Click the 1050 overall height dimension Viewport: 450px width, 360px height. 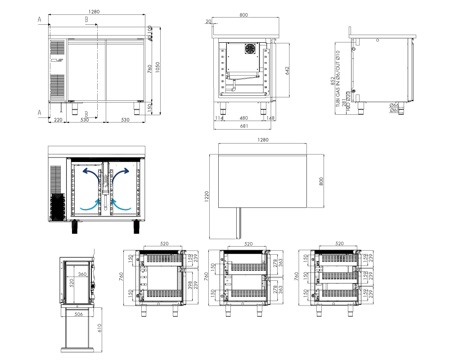click(x=157, y=67)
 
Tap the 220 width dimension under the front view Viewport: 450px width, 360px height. click(x=58, y=120)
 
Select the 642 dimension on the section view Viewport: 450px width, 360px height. click(x=287, y=71)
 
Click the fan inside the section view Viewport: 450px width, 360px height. click(x=250, y=49)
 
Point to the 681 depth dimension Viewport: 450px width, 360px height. click(x=244, y=126)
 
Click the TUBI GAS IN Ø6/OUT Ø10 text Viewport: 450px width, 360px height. click(x=338, y=79)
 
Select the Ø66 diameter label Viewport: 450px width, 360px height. click(x=394, y=105)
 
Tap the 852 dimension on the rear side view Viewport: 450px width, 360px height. click(x=333, y=81)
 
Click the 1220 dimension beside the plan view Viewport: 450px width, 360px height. click(x=207, y=197)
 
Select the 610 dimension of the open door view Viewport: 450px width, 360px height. click(x=99, y=328)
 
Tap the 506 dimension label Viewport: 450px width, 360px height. click(x=79, y=314)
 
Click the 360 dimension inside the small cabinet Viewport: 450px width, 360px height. click(x=82, y=274)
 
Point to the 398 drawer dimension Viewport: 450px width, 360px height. click(x=190, y=285)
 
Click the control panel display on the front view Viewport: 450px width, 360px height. click(x=54, y=60)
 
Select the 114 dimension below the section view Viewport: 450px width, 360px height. click(x=219, y=118)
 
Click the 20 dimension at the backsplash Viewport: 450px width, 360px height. click(x=208, y=21)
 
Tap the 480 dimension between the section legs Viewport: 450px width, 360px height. click(x=243, y=118)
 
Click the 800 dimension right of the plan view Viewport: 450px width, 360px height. click(x=321, y=181)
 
